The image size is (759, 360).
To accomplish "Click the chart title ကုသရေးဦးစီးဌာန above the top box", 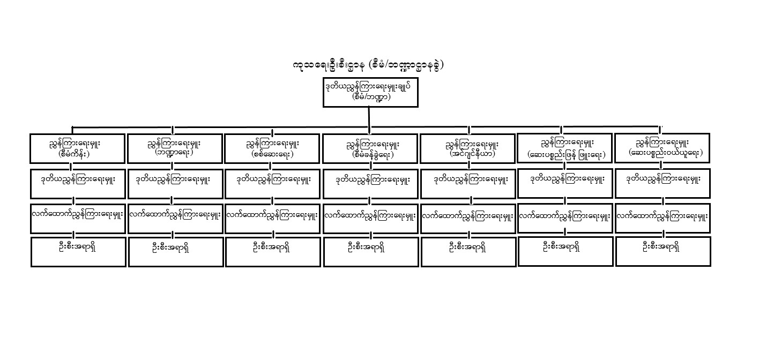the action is tap(329, 65).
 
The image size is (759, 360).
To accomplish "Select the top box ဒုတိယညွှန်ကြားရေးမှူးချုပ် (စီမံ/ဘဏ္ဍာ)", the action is tap(370, 93).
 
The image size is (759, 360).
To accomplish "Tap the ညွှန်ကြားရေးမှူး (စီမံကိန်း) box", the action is tap(78, 149).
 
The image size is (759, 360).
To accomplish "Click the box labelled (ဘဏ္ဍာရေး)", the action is tap(175, 149).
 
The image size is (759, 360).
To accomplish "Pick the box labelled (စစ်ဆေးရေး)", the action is tap(272, 149).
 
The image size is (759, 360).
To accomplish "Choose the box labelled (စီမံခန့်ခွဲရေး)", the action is tap(370, 149).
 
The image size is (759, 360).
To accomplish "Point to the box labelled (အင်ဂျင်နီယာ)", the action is tap(467, 149).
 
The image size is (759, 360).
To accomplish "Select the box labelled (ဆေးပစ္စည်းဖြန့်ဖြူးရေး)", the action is tap(565, 148).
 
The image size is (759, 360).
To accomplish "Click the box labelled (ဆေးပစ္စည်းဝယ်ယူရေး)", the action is tap(662, 148).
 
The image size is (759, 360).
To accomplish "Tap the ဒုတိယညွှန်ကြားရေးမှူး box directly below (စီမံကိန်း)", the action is tap(78, 184).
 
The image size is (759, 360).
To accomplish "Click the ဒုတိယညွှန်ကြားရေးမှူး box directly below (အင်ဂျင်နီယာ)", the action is tap(468, 184).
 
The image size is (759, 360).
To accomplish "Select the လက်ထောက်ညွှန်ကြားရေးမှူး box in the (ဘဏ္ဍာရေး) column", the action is tap(175, 219).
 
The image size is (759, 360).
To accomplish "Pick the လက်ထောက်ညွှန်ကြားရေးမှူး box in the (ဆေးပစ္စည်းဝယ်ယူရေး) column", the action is tap(663, 218).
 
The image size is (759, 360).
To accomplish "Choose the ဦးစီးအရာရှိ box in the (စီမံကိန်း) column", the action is tap(78, 252).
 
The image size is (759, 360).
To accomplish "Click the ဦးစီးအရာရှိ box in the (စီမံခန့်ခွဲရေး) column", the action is tap(371, 252).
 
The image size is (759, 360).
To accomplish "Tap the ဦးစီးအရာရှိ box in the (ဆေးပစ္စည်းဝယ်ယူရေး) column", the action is tap(663, 251).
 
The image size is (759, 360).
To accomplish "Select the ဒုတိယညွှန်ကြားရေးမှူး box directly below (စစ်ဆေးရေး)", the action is tap(272, 184).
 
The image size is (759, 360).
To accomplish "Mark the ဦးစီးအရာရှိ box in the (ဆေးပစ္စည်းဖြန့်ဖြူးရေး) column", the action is tap(565, 251).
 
